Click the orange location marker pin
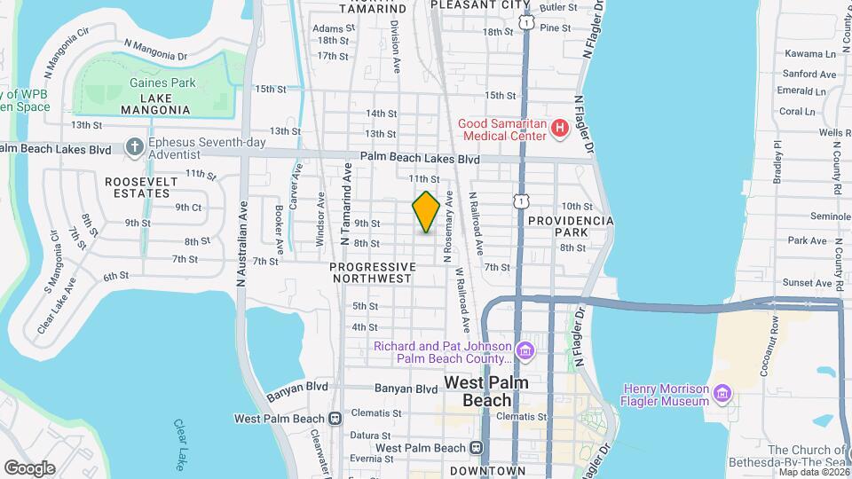[426, 211]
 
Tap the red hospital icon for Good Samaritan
[559, 130]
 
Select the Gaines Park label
[161, 82]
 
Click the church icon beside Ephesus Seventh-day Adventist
[134, 145]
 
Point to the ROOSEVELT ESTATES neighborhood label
[141, 187]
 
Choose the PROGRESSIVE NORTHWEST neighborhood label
[372, 272]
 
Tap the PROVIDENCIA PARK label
[570, 225]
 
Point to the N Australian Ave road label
[241, 245]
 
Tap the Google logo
[29, 467]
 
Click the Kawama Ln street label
[810, 52]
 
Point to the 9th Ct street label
[188, 207]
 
